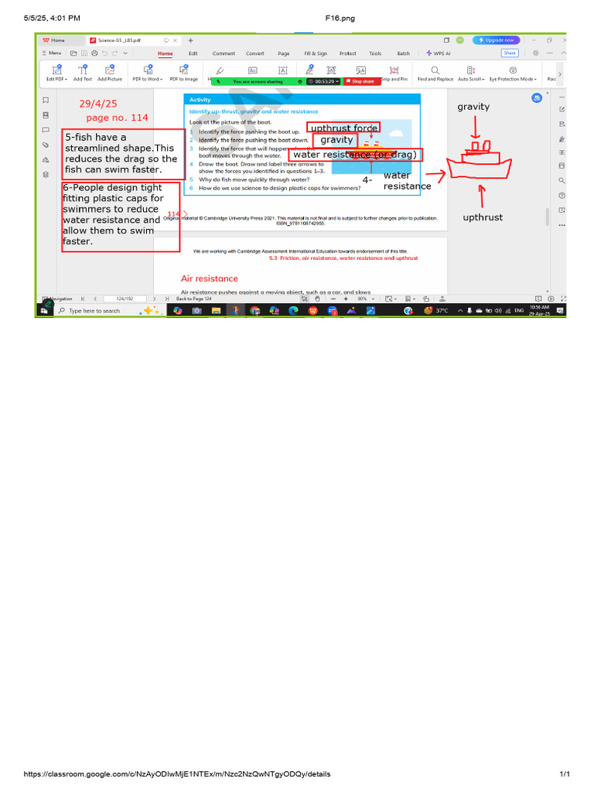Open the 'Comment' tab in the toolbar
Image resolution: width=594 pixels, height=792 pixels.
pos(224,53)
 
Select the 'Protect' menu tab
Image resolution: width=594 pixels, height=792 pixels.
pos(347,53)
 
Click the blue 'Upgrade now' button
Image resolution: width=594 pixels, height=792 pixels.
pos(497,39)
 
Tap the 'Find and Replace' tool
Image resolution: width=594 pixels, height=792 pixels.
pos(435,73)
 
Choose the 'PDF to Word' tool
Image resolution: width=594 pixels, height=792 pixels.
pos(146,73)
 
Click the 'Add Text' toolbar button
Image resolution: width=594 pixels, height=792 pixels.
pos(83,73)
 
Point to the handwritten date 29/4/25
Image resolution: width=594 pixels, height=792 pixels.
pos(97,104)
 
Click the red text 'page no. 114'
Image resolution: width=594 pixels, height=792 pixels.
pos(117,118)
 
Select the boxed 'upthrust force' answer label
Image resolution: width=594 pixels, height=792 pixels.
pos(343,128)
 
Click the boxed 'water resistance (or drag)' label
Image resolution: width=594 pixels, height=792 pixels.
pos(355,155)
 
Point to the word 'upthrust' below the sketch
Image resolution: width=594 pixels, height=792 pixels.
pos(483,217)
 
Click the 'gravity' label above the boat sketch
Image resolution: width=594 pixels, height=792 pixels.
pos(473,107)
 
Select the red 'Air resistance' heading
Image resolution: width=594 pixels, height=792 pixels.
pos(210,278)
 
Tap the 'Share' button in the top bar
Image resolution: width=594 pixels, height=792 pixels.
pos(510,53)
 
